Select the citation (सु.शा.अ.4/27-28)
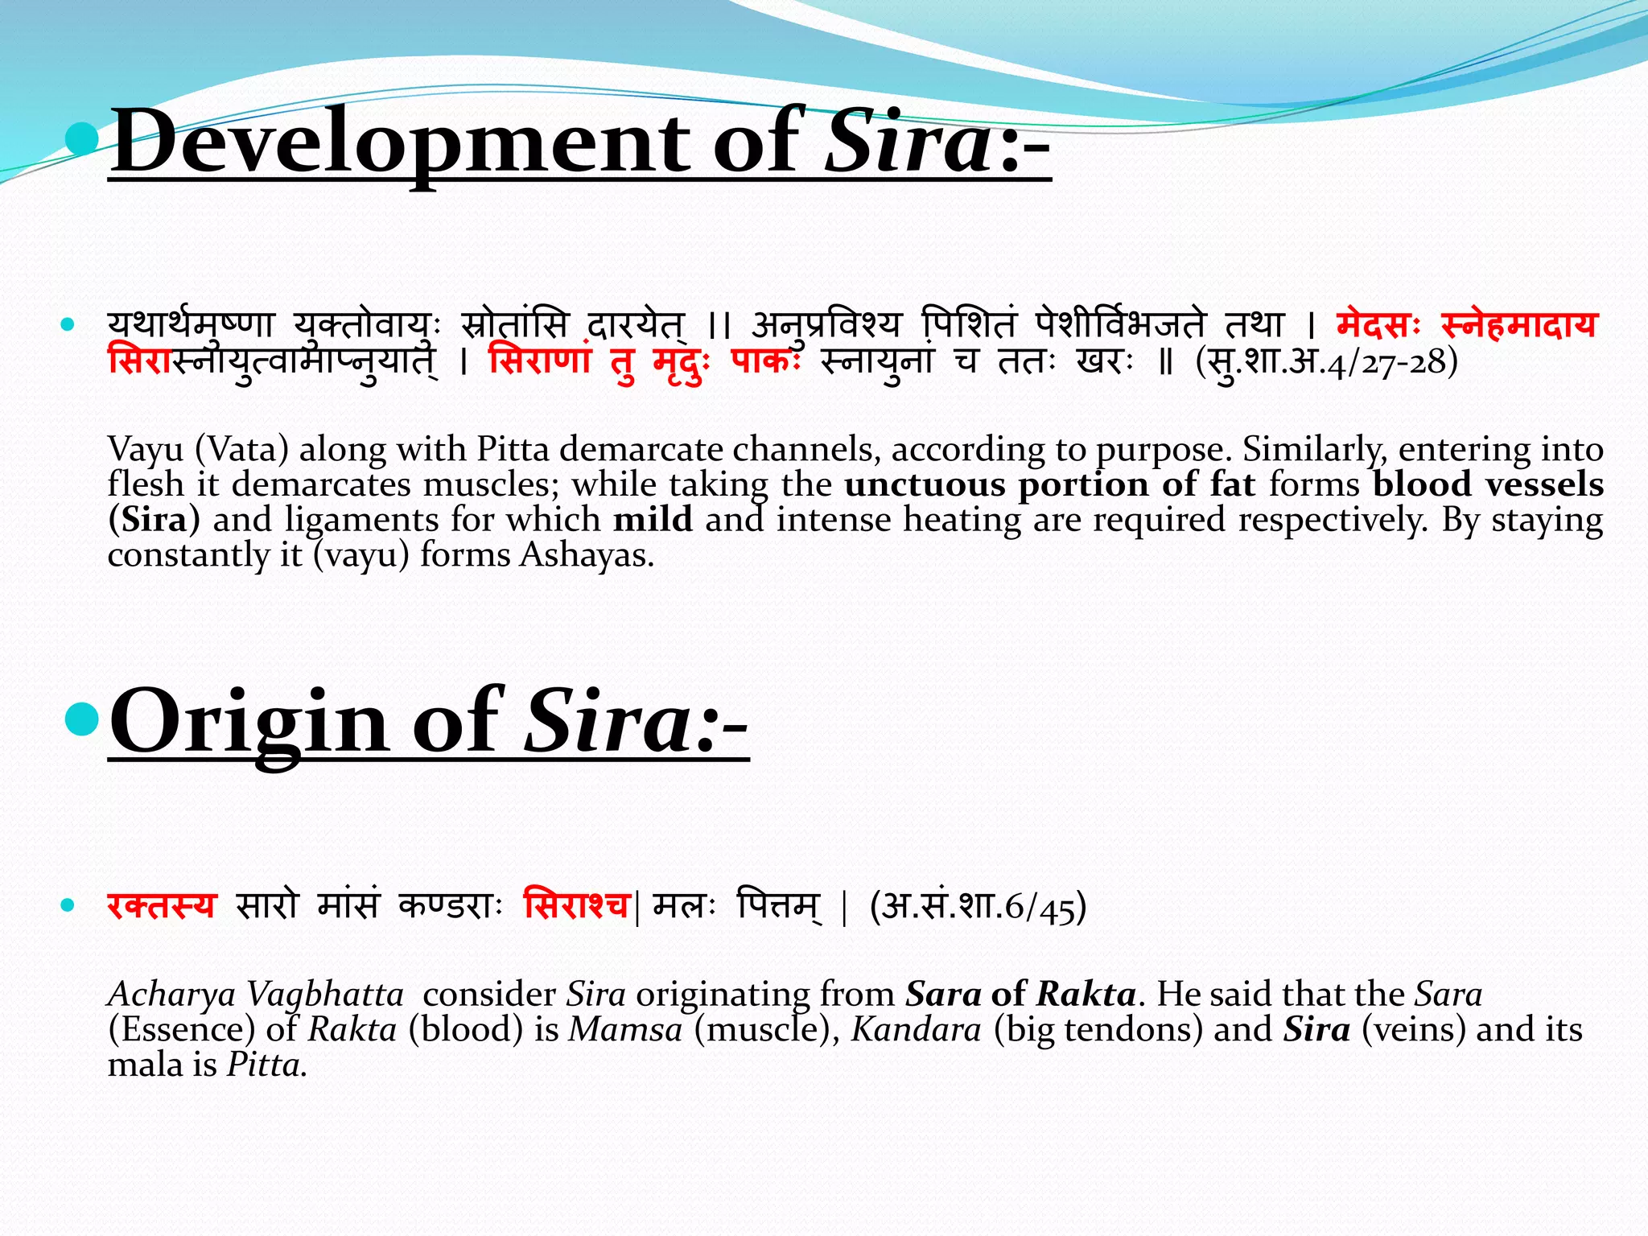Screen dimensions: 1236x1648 1326,362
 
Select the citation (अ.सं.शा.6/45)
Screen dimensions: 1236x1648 978,907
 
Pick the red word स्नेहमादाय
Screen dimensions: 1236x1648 1518,325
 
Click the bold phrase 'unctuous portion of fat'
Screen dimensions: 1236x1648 1049,484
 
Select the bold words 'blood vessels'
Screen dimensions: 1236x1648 1488,484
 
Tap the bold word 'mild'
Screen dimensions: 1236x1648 653,520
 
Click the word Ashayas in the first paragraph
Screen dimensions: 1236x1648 585,555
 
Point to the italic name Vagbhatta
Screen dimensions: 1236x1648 325,995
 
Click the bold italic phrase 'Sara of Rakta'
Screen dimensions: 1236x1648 1020,995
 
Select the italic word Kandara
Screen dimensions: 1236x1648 916,1030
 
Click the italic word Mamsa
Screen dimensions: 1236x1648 625,1030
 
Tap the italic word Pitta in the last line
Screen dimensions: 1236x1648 264,1065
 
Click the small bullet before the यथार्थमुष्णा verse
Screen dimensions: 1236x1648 68,325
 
